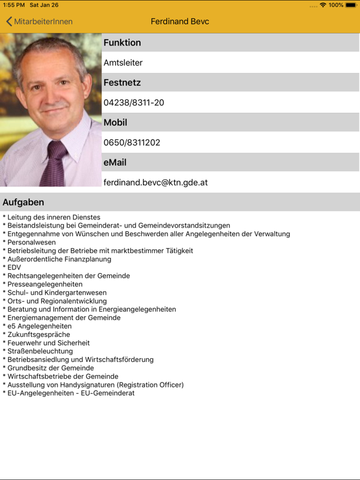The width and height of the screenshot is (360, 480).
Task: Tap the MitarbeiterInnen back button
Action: coord(39,21)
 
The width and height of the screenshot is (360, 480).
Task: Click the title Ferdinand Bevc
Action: coord(180,21)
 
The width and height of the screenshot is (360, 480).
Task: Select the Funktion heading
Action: coord(122,42)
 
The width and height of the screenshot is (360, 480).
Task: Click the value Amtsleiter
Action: coord(123,62)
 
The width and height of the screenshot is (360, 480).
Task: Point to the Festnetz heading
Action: coord(122,82)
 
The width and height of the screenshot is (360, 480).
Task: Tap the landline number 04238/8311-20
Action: coord(134,102)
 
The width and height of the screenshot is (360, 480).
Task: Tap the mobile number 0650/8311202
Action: coord(132,142)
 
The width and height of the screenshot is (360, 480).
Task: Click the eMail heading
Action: coord(115,162)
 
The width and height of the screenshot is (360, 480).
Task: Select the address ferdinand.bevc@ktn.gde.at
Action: coord(156,182)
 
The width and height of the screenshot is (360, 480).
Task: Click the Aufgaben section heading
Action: coord(23,202)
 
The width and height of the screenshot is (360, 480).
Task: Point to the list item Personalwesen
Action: coord(31,242)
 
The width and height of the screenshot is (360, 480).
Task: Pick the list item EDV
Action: coord(14,267)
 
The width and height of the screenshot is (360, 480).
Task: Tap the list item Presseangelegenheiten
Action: coord(44,284)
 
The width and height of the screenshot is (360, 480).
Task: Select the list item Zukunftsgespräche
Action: coord(39,334)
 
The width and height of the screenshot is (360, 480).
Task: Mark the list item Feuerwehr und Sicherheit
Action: coord(48,343)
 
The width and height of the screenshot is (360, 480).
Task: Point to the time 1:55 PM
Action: coord(14,5)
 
